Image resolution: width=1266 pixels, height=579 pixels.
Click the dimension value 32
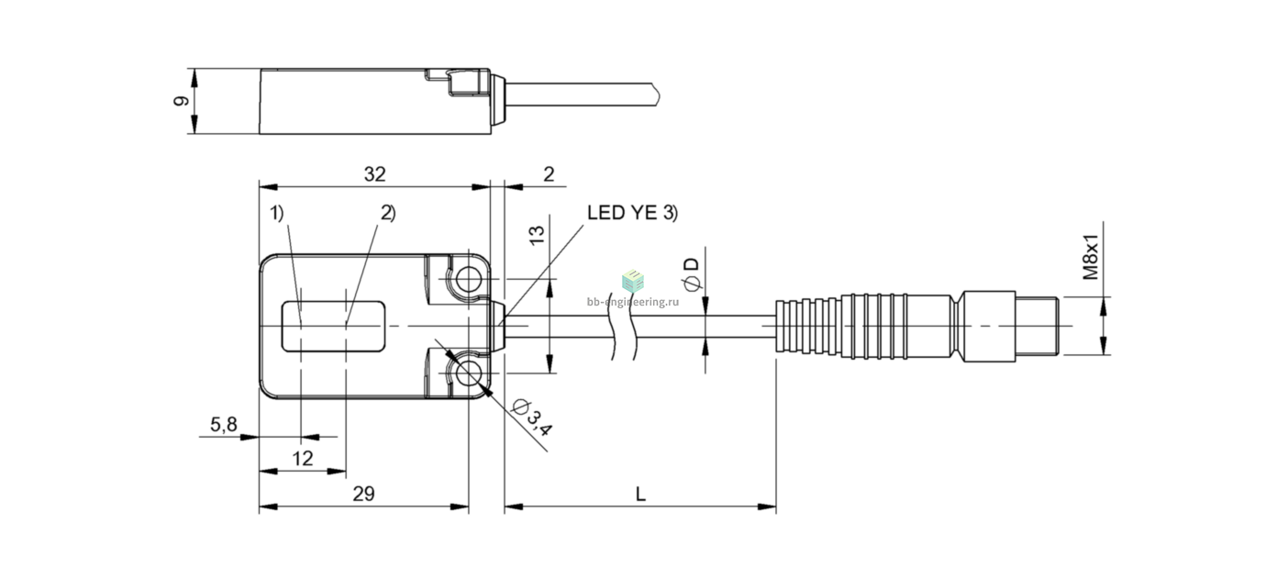(374, 174)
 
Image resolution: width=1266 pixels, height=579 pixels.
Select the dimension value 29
(363, 495)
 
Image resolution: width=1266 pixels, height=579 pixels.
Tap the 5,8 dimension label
(224, 424)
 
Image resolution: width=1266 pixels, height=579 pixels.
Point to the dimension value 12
(303, 459)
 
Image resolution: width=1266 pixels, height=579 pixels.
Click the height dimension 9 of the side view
(181, 101)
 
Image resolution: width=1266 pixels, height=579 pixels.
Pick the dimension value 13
(537, 234)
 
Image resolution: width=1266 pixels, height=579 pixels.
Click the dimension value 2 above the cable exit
(549, 174)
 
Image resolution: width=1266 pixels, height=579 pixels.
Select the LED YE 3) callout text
(632, 213)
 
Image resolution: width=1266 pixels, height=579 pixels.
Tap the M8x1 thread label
(1090, 257)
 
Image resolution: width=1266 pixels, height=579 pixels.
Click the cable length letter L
(639, 495)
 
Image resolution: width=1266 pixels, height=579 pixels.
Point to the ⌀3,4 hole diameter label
(530, 418)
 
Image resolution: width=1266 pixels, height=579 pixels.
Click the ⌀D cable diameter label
(691, 274)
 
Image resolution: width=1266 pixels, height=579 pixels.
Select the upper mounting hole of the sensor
(469, 279)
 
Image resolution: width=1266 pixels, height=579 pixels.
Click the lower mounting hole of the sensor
(469, 373)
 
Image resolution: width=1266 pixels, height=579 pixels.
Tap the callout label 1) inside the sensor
(276, 213)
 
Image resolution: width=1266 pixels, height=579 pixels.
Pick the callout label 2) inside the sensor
(388, 213)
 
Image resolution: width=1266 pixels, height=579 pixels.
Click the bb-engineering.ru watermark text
(633, 302)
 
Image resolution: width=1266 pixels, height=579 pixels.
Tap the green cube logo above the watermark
(633, 281)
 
